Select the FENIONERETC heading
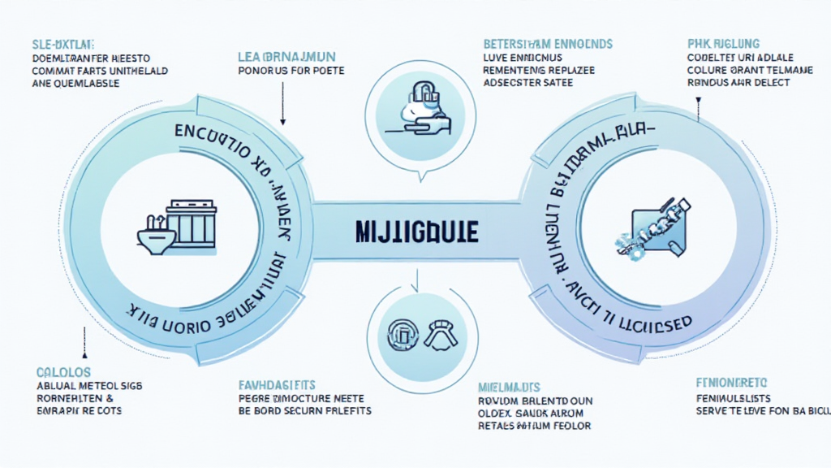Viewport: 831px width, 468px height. pos(732,382)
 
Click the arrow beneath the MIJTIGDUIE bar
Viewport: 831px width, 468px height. pos(415,280)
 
